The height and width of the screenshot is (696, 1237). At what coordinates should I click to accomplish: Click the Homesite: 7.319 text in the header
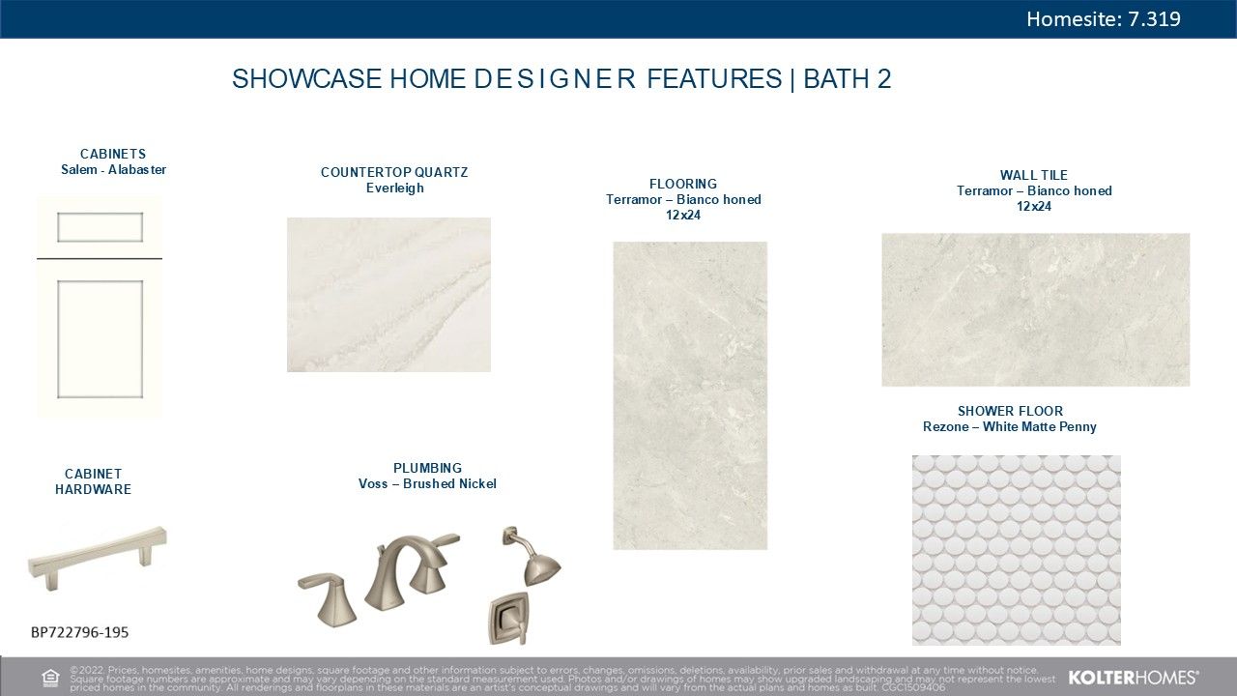pyautogui.click(x=1104, y=19)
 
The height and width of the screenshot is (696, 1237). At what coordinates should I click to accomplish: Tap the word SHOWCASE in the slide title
pyautogui.click(x=306, y=78)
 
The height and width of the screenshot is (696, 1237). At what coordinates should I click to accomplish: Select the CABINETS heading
pyautogui.click(x=113, y=154)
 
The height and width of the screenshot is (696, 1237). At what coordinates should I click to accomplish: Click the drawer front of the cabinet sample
pyautogui.click(x=100, y=227)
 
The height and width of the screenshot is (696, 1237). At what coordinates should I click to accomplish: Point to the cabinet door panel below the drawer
pyautogui.click(x=100, y=339)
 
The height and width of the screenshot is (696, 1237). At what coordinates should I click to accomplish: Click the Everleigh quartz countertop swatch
pyautogui.click(x=388, y=295)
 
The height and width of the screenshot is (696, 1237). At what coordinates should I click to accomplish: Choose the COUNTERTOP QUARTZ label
pyautogui.click(x=394, y=172)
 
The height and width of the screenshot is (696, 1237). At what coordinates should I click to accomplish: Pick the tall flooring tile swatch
pyautogui.click(x=690, y=395)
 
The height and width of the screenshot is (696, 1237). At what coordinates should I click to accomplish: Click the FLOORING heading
pyautogui.click(x=683, y=184)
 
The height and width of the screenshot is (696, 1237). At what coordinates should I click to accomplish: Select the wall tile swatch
pyautogui.click(x=1035, y=309)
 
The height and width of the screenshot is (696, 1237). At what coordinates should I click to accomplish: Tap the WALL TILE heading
pyautogui.click(x=1034, y=175)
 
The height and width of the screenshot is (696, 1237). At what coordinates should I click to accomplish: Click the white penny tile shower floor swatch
pyautogui.click(x=1016, y=550)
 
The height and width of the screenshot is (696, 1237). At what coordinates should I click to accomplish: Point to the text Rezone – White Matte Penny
pyautogui.click(x=1010, y=427)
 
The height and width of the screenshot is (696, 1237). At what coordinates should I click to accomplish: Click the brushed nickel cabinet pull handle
pyautogui.click(x=98, y=558)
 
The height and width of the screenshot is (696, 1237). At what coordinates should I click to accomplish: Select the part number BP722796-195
pyautogui.click(x=79, y=632)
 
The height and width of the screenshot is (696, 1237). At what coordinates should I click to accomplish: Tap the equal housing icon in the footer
pyautogui.click(x=50, y=678)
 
